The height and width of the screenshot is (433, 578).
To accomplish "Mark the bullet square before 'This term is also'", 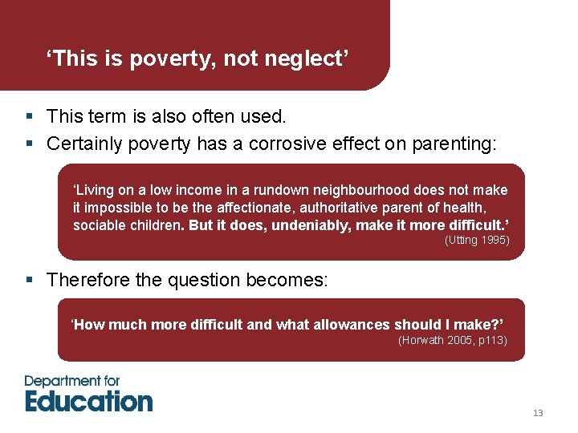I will [29, 117].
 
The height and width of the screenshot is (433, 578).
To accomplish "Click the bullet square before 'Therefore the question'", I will [29, 281].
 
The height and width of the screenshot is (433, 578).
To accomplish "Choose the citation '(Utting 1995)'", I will [477, 241].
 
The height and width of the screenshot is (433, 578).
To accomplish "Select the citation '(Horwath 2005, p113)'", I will [453, 340].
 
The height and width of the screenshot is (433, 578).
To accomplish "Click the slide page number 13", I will [538, 413].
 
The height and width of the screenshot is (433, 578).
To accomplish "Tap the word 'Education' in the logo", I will [88, 400].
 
